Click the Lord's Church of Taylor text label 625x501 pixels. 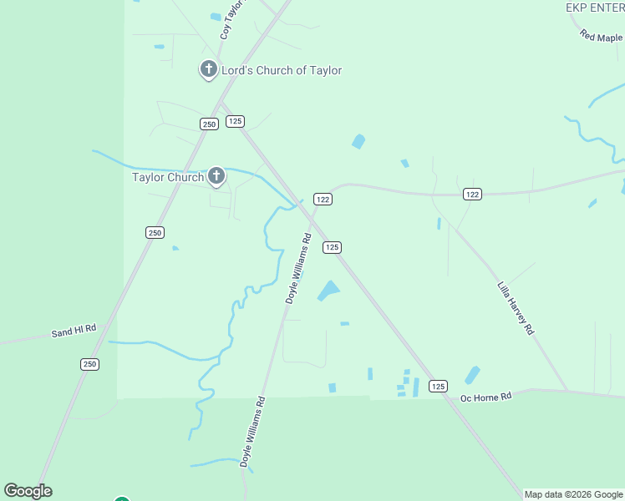(281, 71)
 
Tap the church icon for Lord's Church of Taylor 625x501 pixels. (208, 70)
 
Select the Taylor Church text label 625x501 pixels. (168, 177)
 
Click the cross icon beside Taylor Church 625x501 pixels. (216, 175)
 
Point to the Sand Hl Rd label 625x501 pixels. (74, 331)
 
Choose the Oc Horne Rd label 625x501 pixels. (485, 397)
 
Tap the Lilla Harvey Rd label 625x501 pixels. (515, 307)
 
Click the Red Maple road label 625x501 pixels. (602, 38)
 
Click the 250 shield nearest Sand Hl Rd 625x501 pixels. (90, 364)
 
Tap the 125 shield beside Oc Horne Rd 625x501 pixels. (439, 386)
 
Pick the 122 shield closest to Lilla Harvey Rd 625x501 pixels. (473, 194)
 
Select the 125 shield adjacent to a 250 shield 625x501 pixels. (235, 121)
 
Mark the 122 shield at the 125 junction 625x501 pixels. (323, 199)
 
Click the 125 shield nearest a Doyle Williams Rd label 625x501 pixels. (332, 247)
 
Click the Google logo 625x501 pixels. (28, 491)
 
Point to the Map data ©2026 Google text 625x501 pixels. (573, 494)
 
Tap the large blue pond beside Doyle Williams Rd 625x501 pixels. (328, 291)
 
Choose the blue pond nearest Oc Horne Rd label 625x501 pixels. (472, 375)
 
